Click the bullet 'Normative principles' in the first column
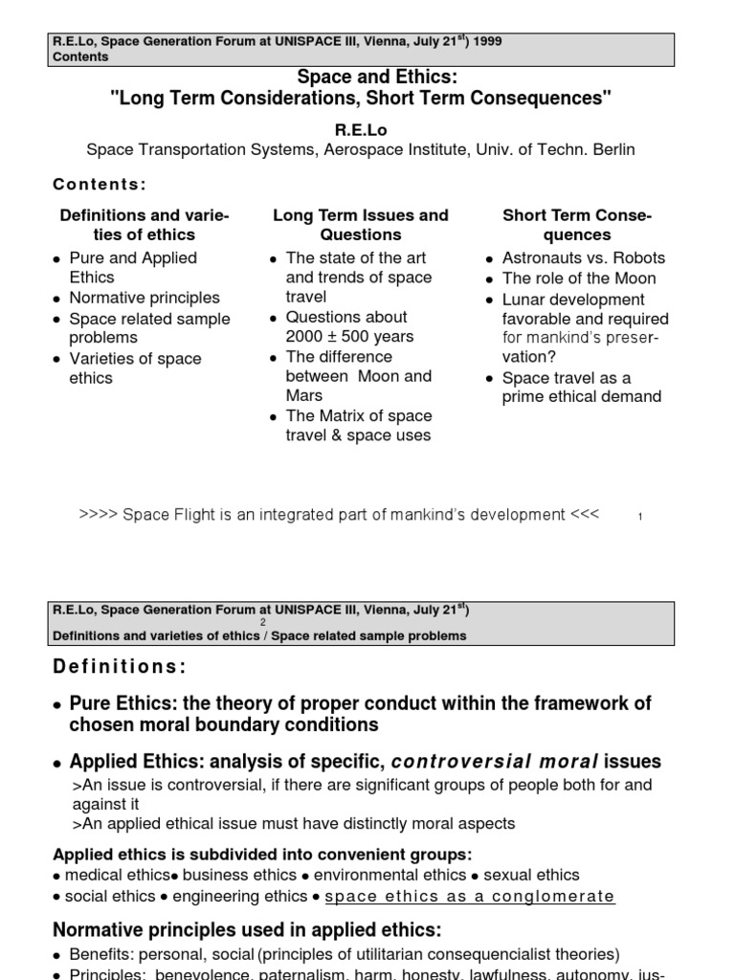tap(144, 298)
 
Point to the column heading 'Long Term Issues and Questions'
tap(361, 225)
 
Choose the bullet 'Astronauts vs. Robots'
tap(583, 258)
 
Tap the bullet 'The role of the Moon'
tap(579, 278)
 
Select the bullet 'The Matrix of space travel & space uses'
tap(358, 426)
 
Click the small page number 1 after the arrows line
tap(640, 518)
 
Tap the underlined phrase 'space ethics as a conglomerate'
tap(470, 897)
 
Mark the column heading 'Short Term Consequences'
tap(576, 225)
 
